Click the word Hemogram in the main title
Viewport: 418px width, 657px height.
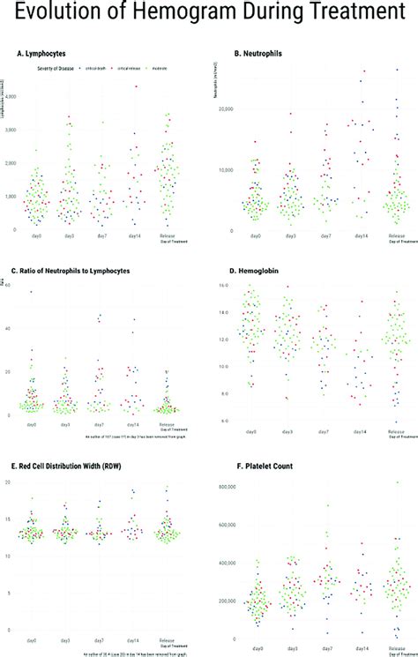(182, 15)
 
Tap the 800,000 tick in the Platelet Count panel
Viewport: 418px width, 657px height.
(226, 486)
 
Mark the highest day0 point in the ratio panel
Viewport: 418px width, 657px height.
(32, 292)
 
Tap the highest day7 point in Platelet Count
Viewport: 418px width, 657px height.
(328, 505)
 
